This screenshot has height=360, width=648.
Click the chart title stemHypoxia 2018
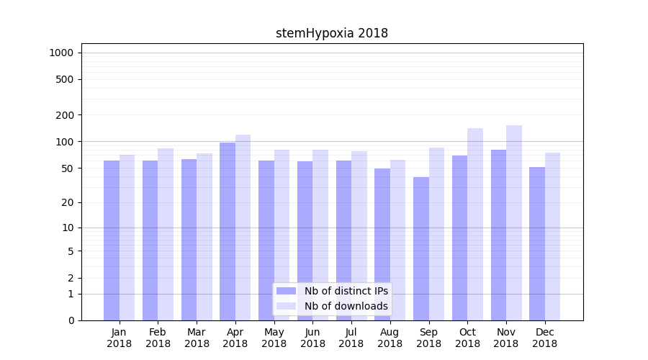coord(332,33)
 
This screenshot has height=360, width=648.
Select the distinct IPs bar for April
coord(228,230)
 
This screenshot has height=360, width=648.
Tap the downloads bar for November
coord(514,223)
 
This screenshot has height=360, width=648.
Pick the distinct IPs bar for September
coord(421,248)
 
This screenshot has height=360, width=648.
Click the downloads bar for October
coord(475,225)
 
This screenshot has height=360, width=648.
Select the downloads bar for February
coord(166,234)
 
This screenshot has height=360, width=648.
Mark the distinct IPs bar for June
coord(305,240)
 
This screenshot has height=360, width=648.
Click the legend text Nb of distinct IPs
coord(346,291)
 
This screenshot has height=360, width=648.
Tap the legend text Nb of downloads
coord(346,306)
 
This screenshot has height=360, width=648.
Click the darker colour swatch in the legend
coord(287,291)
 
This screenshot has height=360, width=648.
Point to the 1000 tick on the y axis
coord(61,53)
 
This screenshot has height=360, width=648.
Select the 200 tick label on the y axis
coord(66,115)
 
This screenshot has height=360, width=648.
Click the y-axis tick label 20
coord(68,202)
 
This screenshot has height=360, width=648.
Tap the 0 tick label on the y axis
coord(71,320)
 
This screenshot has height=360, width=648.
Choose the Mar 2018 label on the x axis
coord(197,338)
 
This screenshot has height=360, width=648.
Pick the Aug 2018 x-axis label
coord(390,338)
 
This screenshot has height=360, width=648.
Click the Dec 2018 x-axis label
coord(544,338)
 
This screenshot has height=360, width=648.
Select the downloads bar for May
coord(282,235)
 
